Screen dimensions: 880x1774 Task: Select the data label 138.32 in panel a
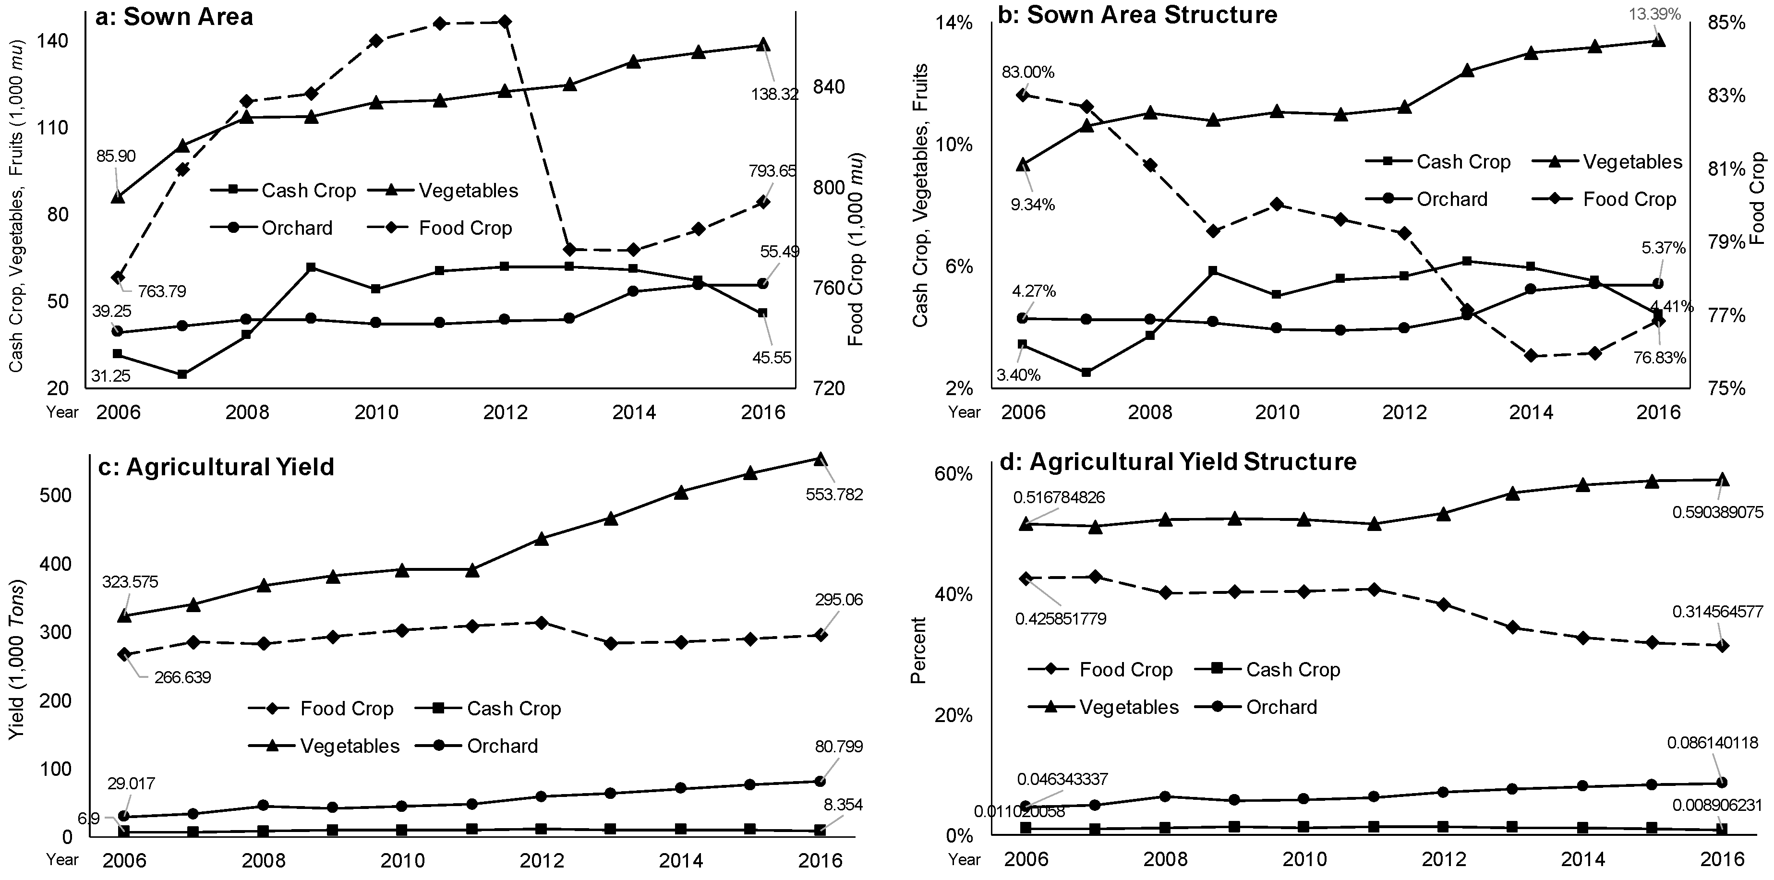pos(775,94)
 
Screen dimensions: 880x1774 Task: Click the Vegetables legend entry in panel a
pos(468,191)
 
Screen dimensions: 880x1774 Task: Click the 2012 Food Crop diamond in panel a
pos(505,22)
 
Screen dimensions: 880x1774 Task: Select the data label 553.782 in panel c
pos(836,495)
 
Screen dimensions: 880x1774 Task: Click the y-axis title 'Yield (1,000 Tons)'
pos(17,660)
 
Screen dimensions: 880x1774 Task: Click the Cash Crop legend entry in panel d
pos(1292,670)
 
